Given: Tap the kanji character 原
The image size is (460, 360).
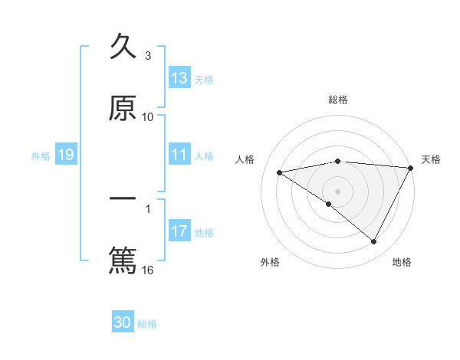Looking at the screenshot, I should pyautogui.click(x=123, y=108).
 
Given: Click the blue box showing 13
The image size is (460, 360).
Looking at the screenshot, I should pyautogui.click(x=179, y=78).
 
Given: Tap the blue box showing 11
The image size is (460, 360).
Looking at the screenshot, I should pyautogui.click(x=179, y=155).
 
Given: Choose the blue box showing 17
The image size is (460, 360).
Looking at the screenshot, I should pyautogui.click(x=179, y=231).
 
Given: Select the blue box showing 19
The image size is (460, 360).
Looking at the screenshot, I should pyautogui.click(x=66, y=155).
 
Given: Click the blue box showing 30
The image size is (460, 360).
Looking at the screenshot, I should pyautogui.click(x=123, y=323).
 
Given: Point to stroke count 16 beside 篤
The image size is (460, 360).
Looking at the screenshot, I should pyautogui.click(x=148, y=270).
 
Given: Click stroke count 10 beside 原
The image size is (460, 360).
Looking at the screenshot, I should pyautogui.click(x=148, y=117).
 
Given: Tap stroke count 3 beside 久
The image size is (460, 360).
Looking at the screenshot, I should pyautogui.click(x=148, y=56).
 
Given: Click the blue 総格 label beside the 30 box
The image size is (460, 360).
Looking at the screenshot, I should pyautogui.click(x=147, y=325).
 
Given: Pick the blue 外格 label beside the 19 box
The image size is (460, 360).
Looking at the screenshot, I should pyautogui.click(x=41, y=156).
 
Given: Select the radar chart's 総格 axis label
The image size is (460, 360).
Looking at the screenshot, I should pyautogui.click(x=338, y=100).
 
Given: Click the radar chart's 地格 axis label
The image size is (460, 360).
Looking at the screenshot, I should pyautogui.click(x=402, y=262).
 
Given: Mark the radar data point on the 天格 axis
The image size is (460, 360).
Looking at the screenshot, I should pyautogui.click(x=412, y=168).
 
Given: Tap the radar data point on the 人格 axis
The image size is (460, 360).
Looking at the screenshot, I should pyautogui.click(x=280, y=172).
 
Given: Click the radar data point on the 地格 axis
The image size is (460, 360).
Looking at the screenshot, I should pyautogui.click(x=374, y=242).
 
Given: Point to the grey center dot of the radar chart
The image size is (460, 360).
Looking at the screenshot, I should pyautogui.click(x=338, y=191).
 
